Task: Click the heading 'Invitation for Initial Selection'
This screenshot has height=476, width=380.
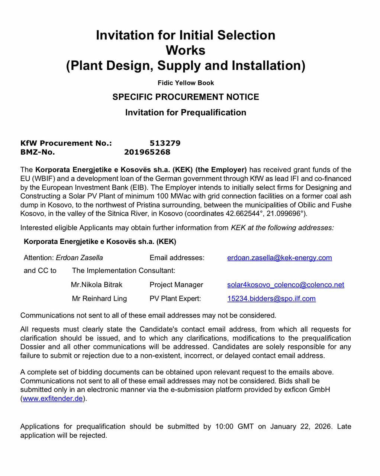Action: (186, 35)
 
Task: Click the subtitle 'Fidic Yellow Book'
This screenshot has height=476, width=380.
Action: (186, 83)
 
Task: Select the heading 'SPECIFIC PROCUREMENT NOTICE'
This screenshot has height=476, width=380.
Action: (186, 97)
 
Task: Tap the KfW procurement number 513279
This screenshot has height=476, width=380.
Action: (165, 143)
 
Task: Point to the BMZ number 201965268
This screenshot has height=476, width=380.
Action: (147, 152)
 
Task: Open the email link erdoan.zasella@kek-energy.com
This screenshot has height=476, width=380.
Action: (279, 258)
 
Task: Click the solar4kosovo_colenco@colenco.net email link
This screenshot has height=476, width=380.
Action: (286, 285)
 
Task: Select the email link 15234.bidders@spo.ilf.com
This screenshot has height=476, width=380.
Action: (271, 299)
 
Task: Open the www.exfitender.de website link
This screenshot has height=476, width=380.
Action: (52, 399)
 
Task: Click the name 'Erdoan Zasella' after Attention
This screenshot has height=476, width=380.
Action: (79, 258)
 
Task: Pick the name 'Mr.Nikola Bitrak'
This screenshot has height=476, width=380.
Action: (97, 285)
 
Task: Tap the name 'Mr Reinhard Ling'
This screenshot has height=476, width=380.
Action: (99, 299)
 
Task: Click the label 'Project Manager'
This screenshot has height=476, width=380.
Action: (176, 285)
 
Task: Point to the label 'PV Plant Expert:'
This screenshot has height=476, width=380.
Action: (175, 299)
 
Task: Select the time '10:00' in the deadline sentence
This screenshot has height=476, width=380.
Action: (224, 427)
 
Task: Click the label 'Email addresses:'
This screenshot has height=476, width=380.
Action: (177, 258)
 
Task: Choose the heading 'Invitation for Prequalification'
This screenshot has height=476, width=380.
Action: (186, 112)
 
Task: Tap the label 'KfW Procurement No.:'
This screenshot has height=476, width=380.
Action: (66, 143)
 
